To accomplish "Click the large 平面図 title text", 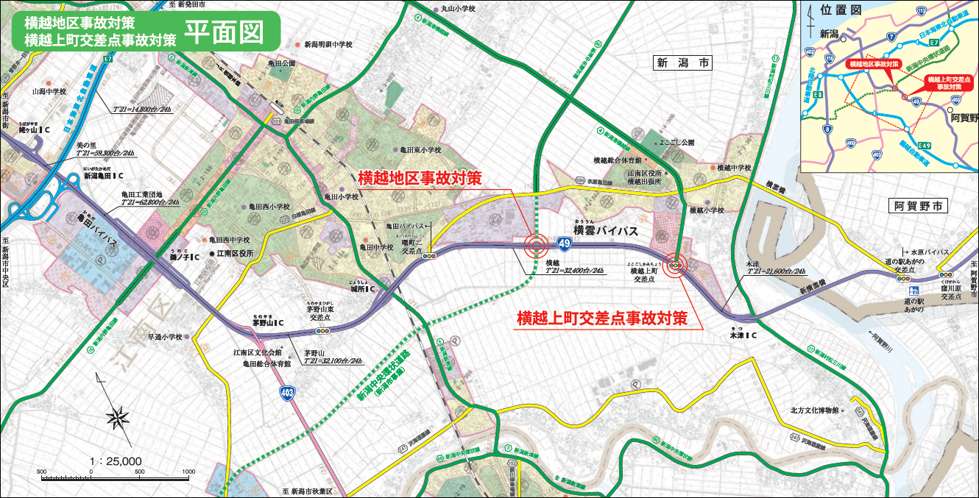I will pos(223,30).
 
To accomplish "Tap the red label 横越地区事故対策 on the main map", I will pos(420,178).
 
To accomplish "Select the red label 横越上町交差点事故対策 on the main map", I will pos(601,318).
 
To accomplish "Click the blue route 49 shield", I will pos(563,242).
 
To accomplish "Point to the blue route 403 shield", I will pos(288,394).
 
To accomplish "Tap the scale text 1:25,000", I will pos(115,461).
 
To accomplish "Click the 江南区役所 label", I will pos(235,253).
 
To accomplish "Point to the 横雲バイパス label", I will pos(604,230).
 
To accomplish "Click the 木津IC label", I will pos(743,335).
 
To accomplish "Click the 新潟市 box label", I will pos(684,64).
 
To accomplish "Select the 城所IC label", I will pos(363,290).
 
